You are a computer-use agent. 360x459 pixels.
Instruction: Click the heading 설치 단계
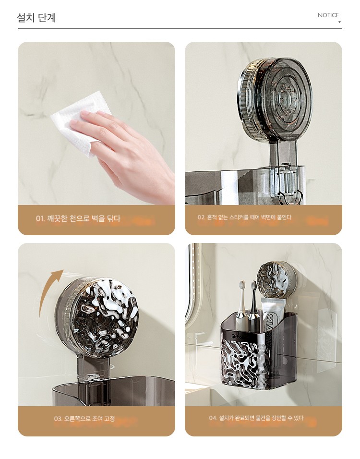(x=36, y=18)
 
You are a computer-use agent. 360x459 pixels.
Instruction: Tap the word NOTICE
(x=328, y=15)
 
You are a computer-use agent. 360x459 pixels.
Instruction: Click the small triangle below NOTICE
(x=339, y=22)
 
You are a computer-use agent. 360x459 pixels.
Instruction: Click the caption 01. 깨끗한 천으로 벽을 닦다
(x=78, y=218)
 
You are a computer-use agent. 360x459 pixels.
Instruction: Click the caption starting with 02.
(x=244, y=217)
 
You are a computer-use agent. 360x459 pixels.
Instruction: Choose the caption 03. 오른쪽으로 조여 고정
(x=84, y=419)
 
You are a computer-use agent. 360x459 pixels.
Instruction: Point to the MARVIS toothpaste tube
(x=271, y=328)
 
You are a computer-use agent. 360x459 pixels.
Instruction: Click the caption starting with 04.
(x=256, y=418)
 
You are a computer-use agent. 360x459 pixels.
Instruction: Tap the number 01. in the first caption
(x=40, y=218)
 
